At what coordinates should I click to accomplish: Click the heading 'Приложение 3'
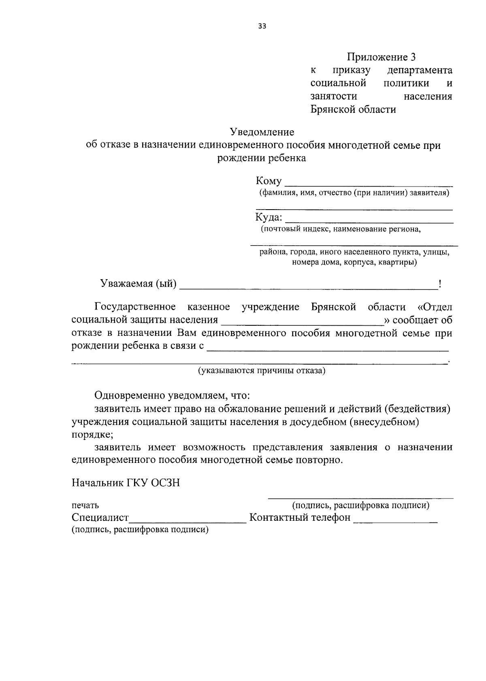point(381,57)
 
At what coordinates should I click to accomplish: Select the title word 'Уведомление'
point(262,132)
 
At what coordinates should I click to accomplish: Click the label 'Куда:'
point(269,217)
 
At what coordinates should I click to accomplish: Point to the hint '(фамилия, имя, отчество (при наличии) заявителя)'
point(354,193)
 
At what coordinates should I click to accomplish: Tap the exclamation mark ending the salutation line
point(439,284)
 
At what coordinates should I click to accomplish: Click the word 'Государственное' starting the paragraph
point(135,307)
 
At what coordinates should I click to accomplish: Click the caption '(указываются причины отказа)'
point(262,371)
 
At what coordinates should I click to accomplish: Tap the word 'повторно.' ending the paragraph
point(324,460)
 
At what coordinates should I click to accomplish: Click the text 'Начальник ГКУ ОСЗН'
point(126,483)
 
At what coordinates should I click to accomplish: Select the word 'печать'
point(85,505)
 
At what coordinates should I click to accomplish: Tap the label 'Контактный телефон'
point(300,518)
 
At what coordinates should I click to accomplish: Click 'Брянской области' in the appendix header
point(353,109)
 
